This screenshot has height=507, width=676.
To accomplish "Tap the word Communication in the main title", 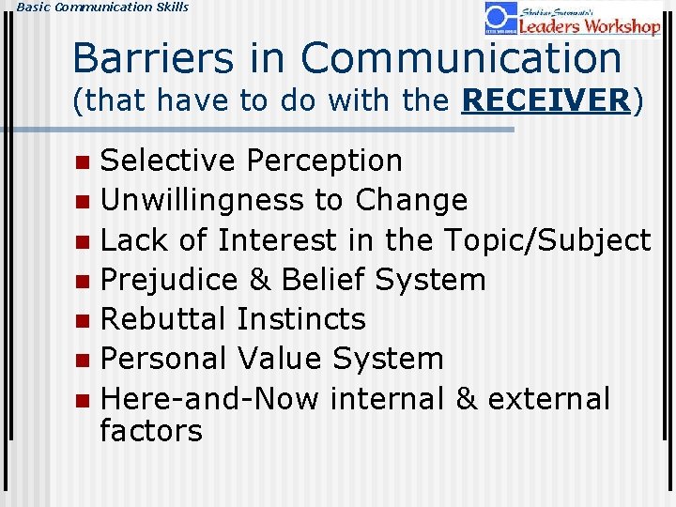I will pyautogui.click(x=461, y=58).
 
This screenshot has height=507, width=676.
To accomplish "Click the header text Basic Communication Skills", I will pyautogui.click(x=95, y=7).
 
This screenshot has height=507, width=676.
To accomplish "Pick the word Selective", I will pyautogui.click(x=168, y=161).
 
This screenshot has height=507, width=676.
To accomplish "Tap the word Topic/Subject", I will pyautogui.click(x=546, y=240).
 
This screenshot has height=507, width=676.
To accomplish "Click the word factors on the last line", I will pyautogui.click(x=151, y=432).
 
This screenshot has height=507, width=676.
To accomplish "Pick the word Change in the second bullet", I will pyautogui.click(x=410, y=201).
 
